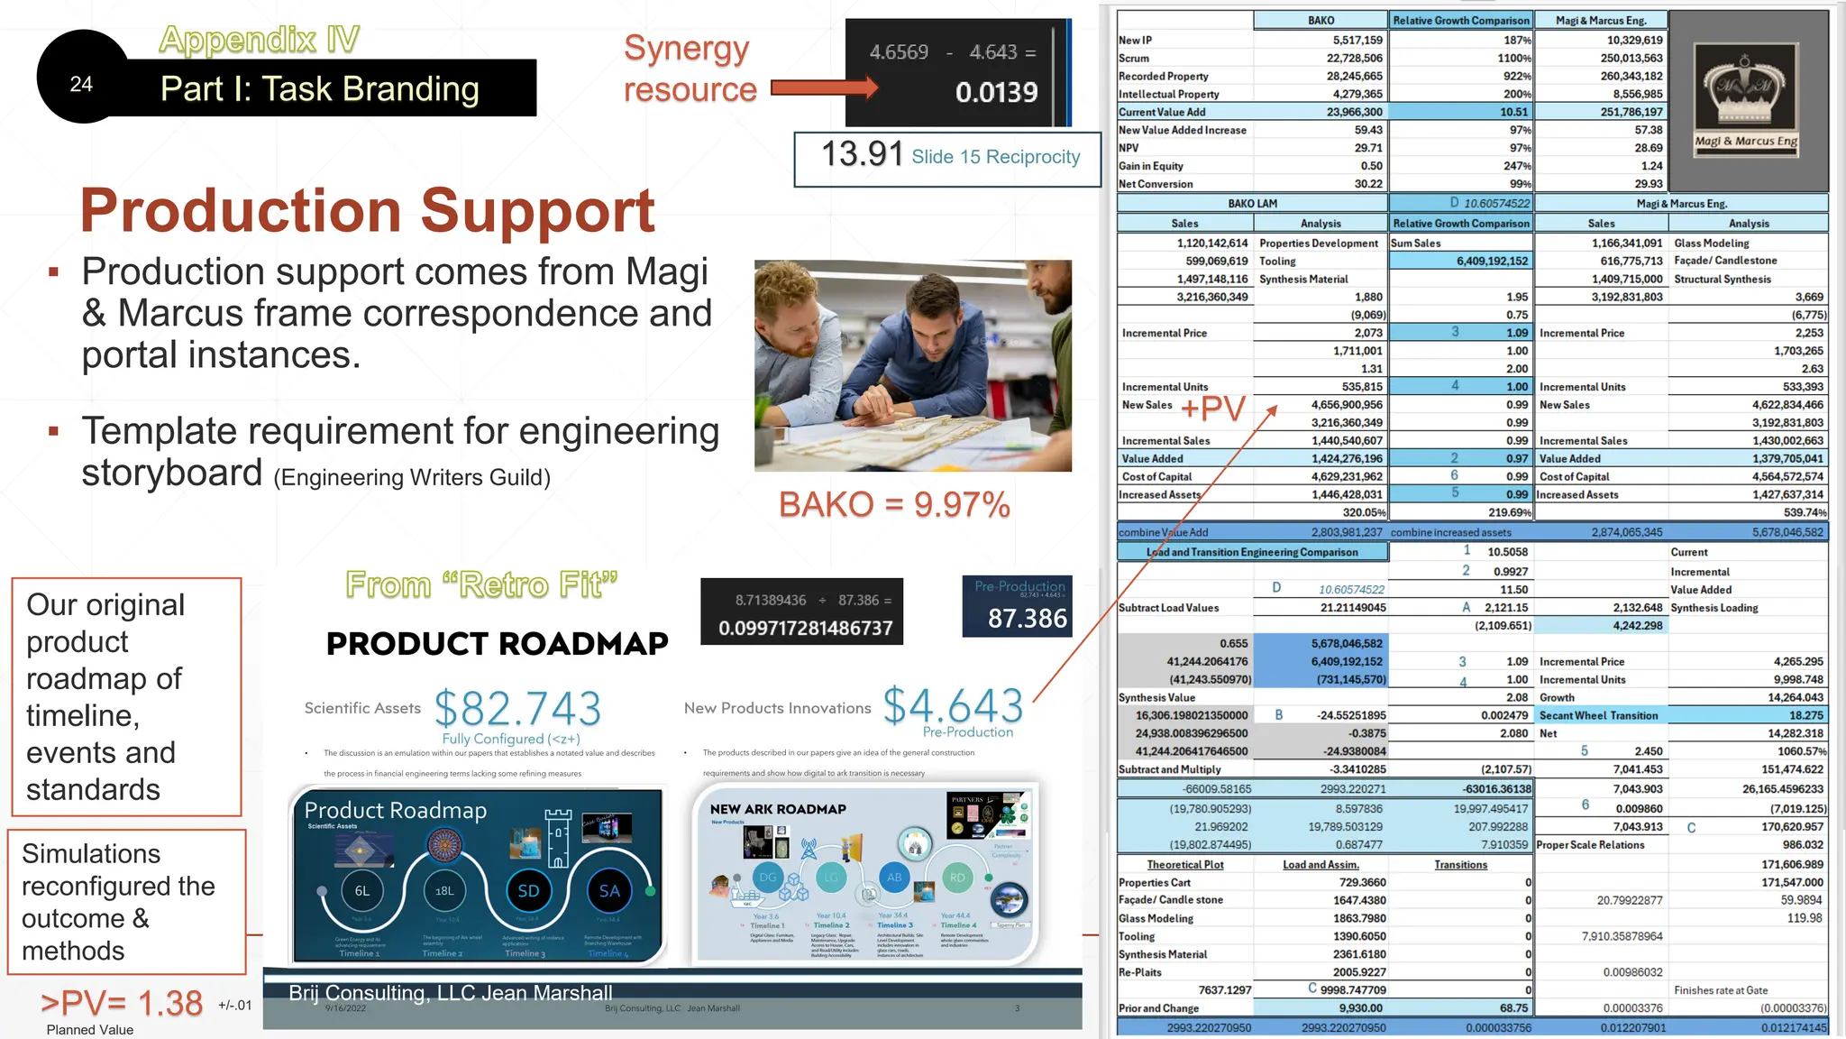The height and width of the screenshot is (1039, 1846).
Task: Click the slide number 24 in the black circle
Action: click(81, 84)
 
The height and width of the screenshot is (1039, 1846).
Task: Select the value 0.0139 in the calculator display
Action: click(996, 92)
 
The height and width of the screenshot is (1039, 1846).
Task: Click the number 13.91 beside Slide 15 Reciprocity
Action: click(862, 154)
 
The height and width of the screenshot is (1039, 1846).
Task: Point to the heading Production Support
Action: click(367, 210)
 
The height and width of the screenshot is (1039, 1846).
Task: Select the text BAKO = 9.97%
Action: click(893, 505)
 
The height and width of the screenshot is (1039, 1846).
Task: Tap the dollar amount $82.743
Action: click(517, 708)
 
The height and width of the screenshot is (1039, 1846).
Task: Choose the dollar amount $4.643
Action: click(953, 705)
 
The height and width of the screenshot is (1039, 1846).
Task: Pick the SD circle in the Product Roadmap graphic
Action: click(528, 891)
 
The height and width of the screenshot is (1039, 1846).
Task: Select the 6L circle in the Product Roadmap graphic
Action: click(361, 891)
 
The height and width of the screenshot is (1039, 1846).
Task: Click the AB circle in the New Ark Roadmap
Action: click(894, 877)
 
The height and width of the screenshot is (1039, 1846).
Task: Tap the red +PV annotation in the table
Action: click(1212, 408)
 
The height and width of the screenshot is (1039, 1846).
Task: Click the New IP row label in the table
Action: click(1136, 41)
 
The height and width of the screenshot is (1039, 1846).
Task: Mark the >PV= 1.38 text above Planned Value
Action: click(122, 1003)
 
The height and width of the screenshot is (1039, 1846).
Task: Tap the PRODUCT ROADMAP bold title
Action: click(497, 644)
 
